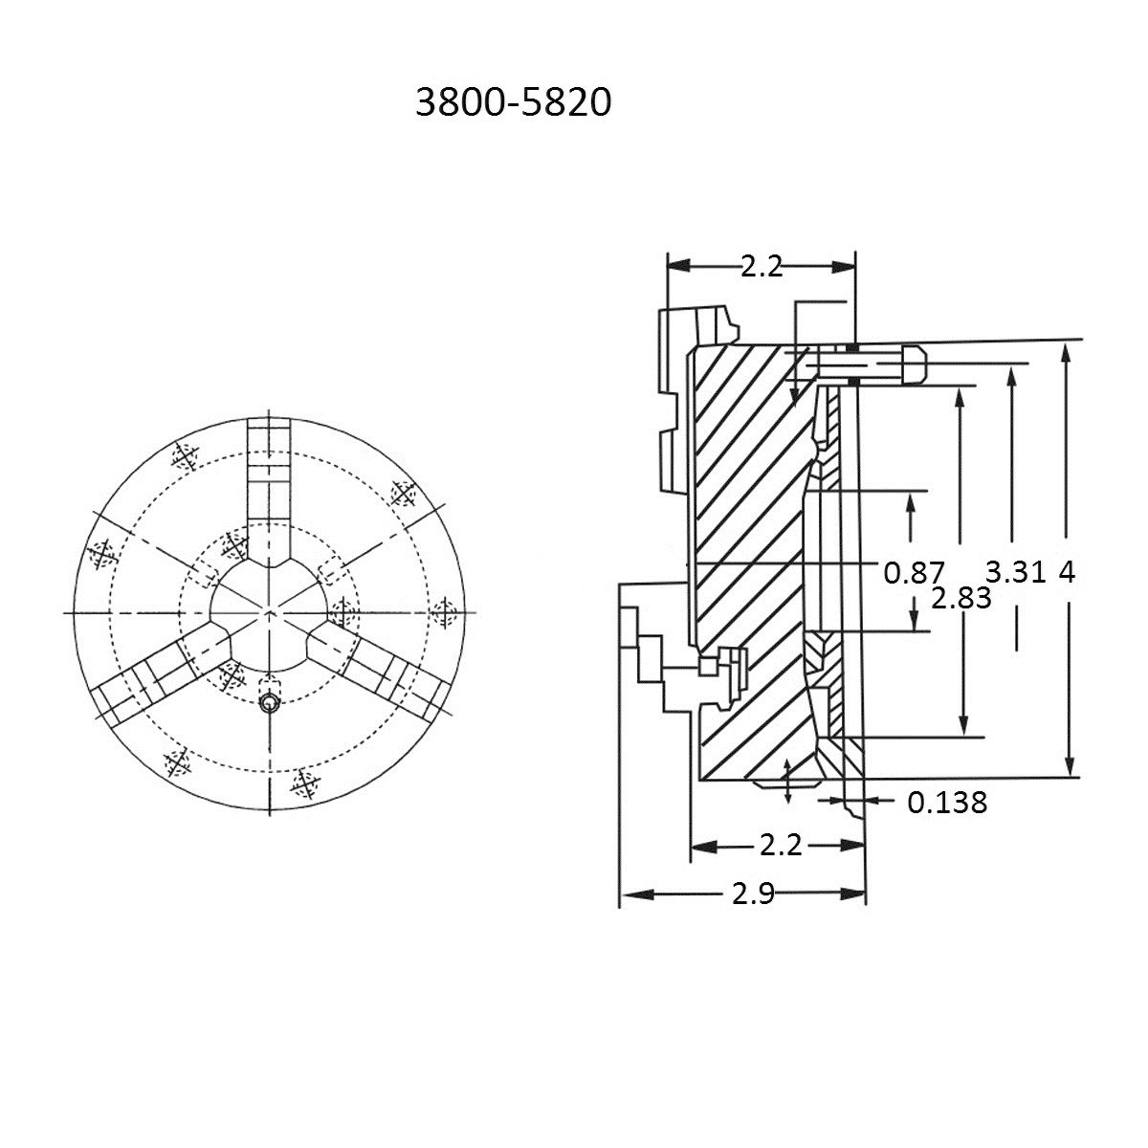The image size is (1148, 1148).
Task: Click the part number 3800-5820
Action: click(513, 103)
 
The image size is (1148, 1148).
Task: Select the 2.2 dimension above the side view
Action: click(761, 267)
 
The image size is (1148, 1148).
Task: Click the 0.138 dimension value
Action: click(946, 802)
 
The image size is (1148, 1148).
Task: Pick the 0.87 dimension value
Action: click(914, 572)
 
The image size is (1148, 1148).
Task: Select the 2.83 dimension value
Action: click(960, 599)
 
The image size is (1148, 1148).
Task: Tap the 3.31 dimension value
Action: click(1017, 572)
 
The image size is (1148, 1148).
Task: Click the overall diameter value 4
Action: click(1068, 572)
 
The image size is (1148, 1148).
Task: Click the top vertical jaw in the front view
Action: click(270, 478)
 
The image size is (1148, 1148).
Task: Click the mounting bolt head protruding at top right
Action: click(910, 365)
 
